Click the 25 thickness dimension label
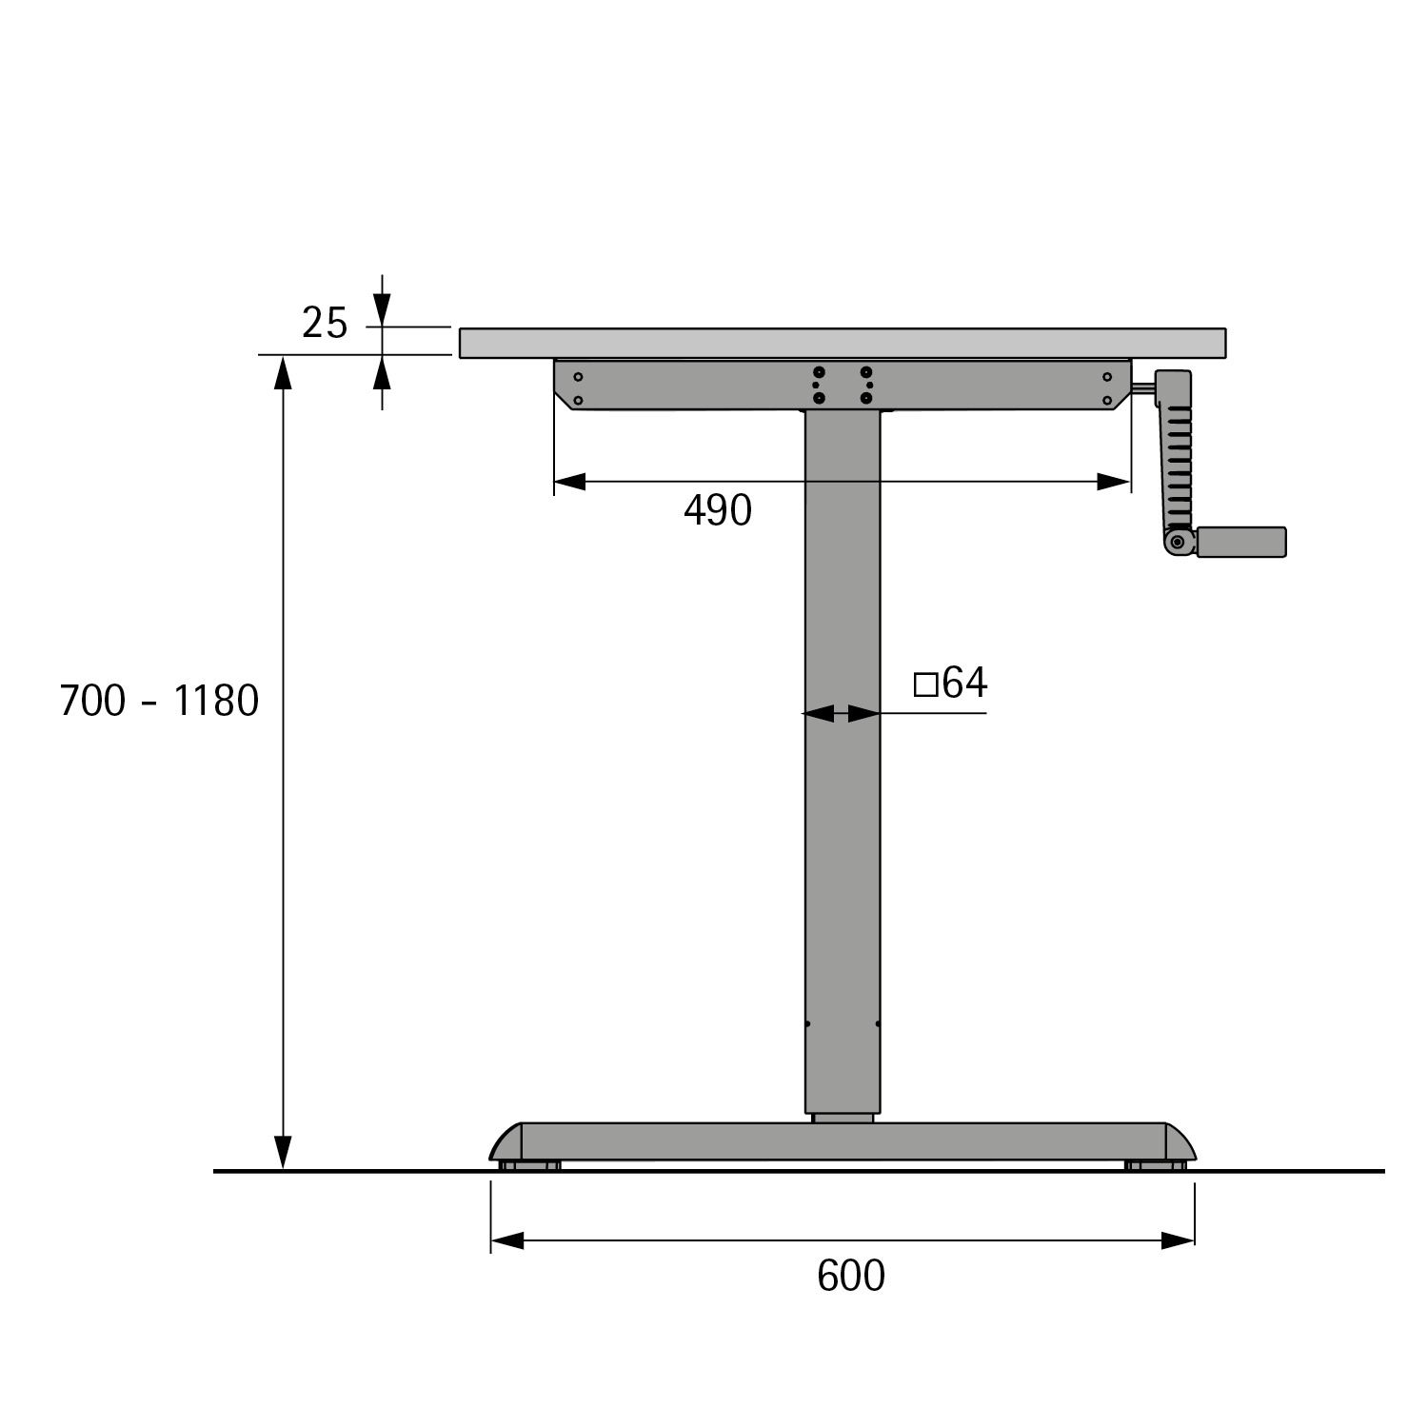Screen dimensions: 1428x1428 325,324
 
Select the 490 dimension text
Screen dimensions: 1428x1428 718,511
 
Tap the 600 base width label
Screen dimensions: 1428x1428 851,1277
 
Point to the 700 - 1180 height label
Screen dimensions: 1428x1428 159,701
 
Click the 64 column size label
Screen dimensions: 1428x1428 965,683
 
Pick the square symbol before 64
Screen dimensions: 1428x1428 926,684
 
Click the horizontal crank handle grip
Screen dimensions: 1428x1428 1241,542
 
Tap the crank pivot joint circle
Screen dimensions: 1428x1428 1179,542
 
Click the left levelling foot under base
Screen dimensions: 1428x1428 529,1165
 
